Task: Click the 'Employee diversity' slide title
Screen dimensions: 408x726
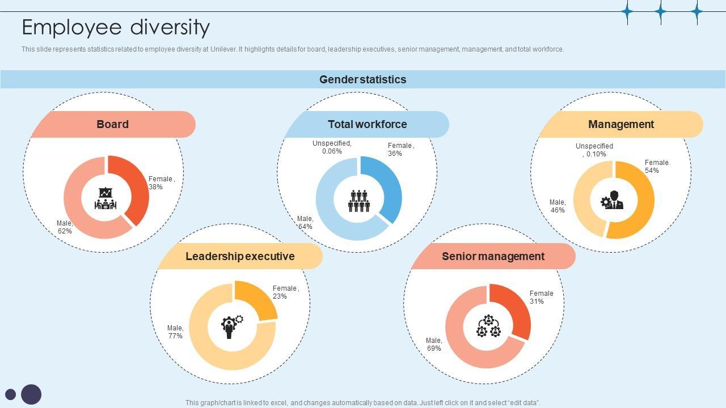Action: pyautogui.click(x=116, y=27)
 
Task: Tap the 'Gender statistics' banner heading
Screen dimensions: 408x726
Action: pyautogui.click(x=362, y=79)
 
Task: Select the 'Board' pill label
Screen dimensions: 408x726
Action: pyautogui.click(x=112, y=124)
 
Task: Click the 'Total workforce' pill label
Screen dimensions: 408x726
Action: pyautogui.click(x=367, y=124)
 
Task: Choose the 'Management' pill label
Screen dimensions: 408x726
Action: pyautogui.click(x=621, y=124)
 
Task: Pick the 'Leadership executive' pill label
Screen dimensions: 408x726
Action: pyautogui.click(x=240, y=256)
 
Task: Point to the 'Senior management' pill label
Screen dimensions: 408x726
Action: pyautogui.click(x=493, y=256)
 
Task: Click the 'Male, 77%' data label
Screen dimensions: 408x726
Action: pyautogui.click(x=175, y=332)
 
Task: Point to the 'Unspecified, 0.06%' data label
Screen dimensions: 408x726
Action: pyautogui.click(x=332, y=147)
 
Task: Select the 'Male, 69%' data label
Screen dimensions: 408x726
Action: pyautogui.click(x=434, y=345)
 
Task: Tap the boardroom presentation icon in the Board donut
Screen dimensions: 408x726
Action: pyautogui.click(x=105, y=199)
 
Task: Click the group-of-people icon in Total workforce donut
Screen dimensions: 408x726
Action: pyautogui.click(x=358, y=201)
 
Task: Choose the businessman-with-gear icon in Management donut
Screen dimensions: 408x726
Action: pyautogui.click(x=613, y=200)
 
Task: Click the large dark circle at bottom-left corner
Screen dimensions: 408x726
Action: pyautogui.click(x=31, y=394)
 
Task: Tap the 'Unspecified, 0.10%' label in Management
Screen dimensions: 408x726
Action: pyautogui.click(x=594, y=150)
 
